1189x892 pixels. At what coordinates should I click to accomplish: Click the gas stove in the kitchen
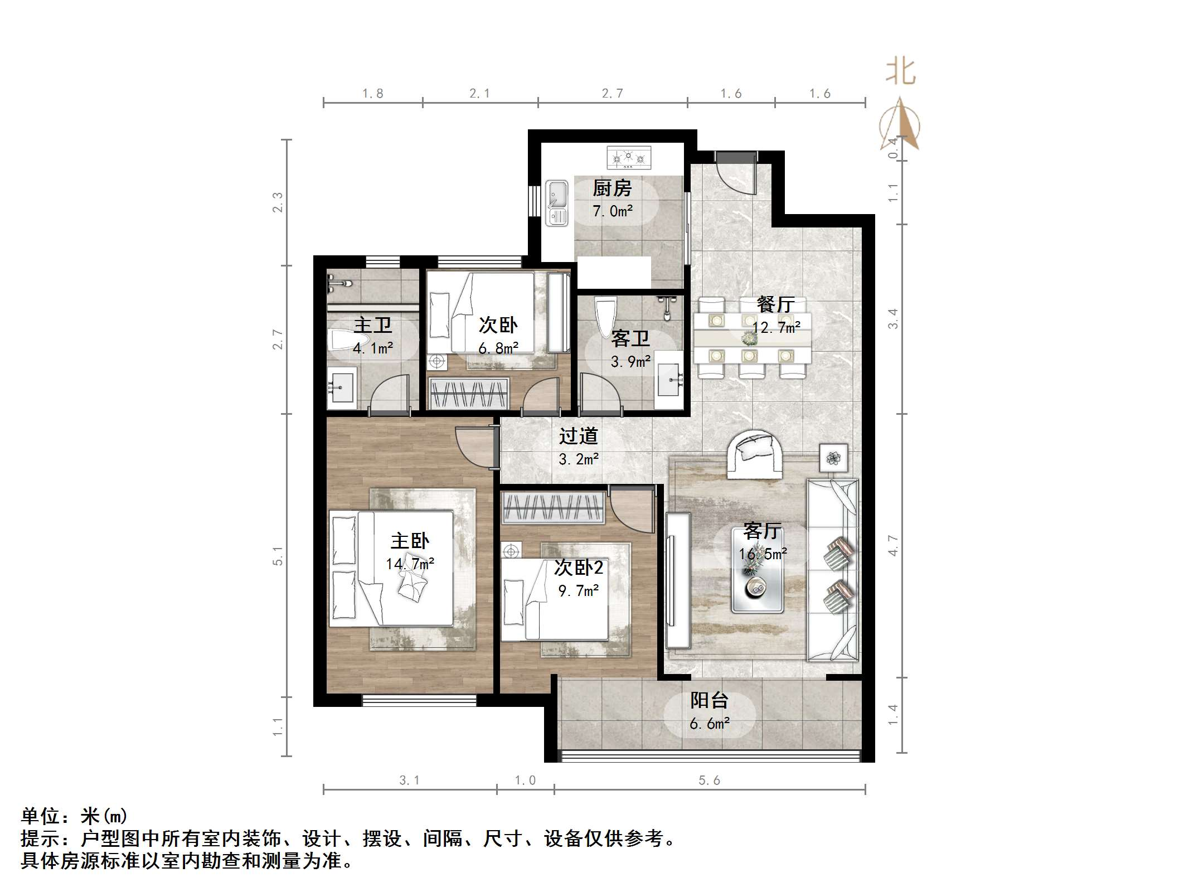[629, 158]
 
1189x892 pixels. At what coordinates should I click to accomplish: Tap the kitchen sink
[556, 203]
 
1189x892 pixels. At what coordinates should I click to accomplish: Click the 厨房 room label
[612, 188]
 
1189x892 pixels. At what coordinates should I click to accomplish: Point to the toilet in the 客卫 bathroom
[605, 317]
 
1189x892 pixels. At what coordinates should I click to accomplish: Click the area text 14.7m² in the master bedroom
[410, 564]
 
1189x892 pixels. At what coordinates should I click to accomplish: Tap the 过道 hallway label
[579, 436]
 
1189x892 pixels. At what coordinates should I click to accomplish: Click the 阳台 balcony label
[709, 700]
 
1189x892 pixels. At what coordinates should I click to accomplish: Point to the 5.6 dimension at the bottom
[709, 780]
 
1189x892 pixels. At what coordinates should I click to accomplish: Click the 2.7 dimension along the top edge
[612, 94]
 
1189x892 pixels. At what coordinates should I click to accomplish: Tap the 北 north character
[900, 72]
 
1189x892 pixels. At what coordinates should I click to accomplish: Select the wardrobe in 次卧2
[553, 508]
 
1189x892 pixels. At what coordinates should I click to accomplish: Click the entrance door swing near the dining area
[736, 174]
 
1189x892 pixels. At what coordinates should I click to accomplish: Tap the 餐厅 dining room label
[775, 304]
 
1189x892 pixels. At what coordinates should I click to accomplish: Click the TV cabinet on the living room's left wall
[678, 580]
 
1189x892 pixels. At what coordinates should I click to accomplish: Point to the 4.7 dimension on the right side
[894, 545]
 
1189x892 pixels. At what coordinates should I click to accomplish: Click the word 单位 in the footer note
[40, 817]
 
